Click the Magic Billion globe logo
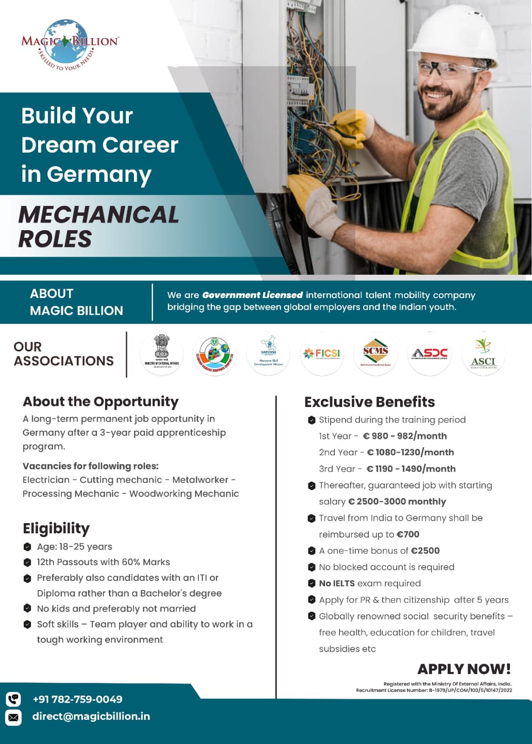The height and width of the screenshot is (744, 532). [70, 44]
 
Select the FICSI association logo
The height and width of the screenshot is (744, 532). [322, 354]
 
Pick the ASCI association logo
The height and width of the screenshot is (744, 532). [483, 354]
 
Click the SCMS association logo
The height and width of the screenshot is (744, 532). [376, 354]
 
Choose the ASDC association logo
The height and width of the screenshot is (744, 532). [430, 354]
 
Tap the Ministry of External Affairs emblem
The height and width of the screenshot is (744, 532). [161, 354]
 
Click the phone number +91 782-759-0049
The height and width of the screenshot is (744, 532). [78, 699]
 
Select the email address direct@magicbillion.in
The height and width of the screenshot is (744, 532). [91, 717]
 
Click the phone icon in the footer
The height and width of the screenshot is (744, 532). [13, 699]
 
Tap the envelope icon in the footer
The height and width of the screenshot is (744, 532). [13, 717]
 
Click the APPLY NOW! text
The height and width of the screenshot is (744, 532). [464, 669]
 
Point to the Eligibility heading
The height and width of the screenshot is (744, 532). [56, 528]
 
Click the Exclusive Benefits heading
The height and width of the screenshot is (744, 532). [370, 402]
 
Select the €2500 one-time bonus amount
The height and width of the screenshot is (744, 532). [425, 551]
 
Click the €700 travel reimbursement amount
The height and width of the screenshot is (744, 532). [408, 534]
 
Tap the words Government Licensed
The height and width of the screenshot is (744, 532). [253, 295]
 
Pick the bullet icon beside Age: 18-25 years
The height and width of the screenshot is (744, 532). [27, 547]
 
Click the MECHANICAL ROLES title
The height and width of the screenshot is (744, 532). [98, 226]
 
